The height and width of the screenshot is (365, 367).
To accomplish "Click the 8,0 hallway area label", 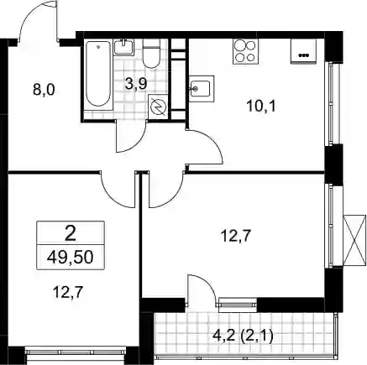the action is click(45, 90).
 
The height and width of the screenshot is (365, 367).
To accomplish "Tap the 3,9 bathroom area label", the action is click(136, 84).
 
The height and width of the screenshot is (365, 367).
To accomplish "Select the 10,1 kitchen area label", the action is click(261, 106).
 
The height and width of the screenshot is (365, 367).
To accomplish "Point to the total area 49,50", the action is click(70, 258).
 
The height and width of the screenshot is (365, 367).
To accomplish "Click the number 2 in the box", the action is click(71, 234).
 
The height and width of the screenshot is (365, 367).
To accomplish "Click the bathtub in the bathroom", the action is click(98, 74).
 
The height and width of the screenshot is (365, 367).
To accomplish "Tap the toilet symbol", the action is click(151, 54).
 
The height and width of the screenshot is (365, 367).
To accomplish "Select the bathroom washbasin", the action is click(123, 47).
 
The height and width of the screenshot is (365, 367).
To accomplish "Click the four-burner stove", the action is click(245, 51).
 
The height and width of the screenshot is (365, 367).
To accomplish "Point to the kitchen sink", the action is click(202, 89).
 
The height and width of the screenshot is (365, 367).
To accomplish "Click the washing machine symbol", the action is click(158, 107).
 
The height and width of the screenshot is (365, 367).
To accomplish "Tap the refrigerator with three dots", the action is click(303, 51).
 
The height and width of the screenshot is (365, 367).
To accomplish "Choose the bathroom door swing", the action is click(131, 137).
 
